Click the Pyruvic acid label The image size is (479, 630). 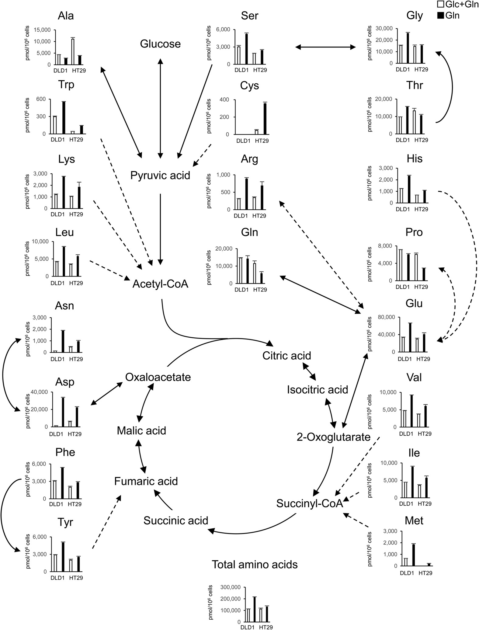tap(160, 176)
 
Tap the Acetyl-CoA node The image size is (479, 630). tap(160, 284)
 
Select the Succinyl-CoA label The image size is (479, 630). tap(310, 503)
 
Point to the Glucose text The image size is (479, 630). tap(160, 44)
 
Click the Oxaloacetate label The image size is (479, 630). tap(158, 377)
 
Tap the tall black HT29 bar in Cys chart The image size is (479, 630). tap(265, 119)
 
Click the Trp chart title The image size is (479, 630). tap(66, 85)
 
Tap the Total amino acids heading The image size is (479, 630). tap(255, 565)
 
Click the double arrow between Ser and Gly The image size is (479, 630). tap(325, 47)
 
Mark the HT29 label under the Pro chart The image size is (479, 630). tap(421, 287)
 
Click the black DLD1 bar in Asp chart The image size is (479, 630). tap(63, 412)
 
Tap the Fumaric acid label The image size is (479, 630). tap(146, 481)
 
